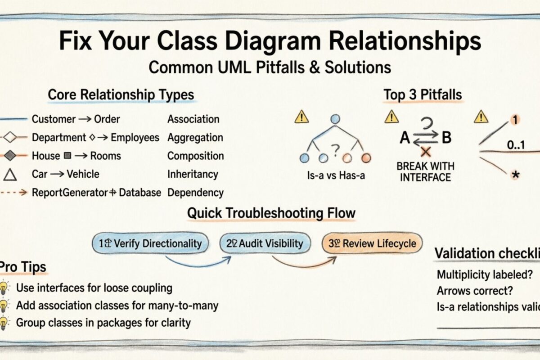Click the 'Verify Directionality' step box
pos(150,243)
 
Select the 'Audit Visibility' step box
pos(265,243)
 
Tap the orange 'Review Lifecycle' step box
pos(372,243)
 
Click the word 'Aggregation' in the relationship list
pos(195,138)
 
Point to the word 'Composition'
pos(195,156)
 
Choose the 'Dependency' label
pos(195,193)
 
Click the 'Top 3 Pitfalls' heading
pos(422,95)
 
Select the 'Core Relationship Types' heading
pos(121,95)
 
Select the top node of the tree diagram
pos(334,119)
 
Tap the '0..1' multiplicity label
pos(517,145)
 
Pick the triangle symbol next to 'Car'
pos(10,174)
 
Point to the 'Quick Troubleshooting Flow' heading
pos(271,213)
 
